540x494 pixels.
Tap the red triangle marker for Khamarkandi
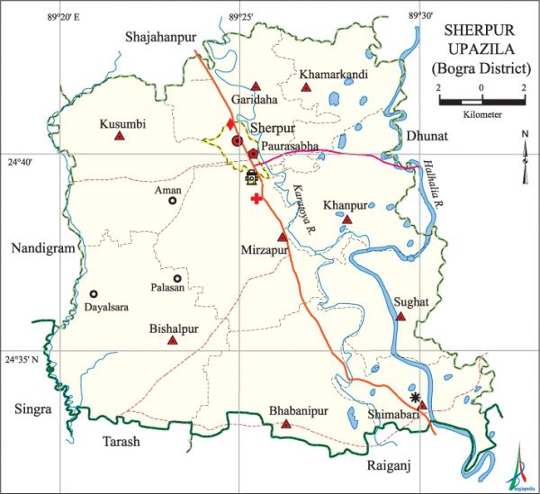[306, 88]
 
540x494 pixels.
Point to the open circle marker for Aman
[172, 201]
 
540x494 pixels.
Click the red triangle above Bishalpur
[171, 341]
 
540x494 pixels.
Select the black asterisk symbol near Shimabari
[414, 397]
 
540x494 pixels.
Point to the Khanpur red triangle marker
[347, 219]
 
